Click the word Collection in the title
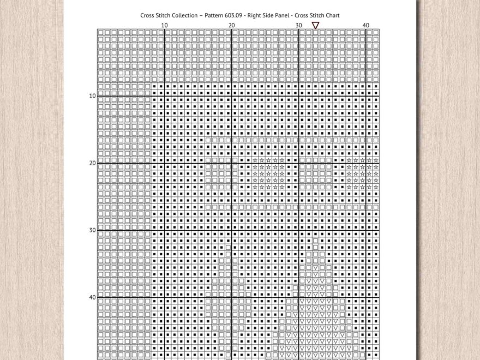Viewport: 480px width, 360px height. pyautogui.click(x=183, y=15)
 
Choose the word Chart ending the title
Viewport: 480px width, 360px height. pyautogui.click(x=331, y=15)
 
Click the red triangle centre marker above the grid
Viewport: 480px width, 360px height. pyautogui.click(x=315, y=25)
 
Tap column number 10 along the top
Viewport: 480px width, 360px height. pyautogui.click(x=164, y=25)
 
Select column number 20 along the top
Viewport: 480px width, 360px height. pyautogui.click(x=231, y=25)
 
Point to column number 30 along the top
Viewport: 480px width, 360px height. pyautogui.click(x=298, y=25)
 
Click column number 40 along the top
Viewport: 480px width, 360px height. pyautogui.click(x=365, y=25)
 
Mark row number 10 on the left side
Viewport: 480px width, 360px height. pyautogui.click(x=92, y=96)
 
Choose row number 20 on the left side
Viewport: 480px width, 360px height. pyautogui.click(x=92, y=163)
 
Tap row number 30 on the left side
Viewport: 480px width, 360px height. pyautogui.click(x=92, y=230)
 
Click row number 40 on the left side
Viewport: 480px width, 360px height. pyautogui.click(x=92, y=297)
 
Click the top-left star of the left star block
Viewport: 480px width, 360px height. pyautogui.click(x=255, y=160)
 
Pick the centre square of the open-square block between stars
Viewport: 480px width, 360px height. pyautogui.click(x=315, y=173)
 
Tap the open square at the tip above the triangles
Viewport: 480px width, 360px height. pyautogui.click(x=315, y=241)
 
